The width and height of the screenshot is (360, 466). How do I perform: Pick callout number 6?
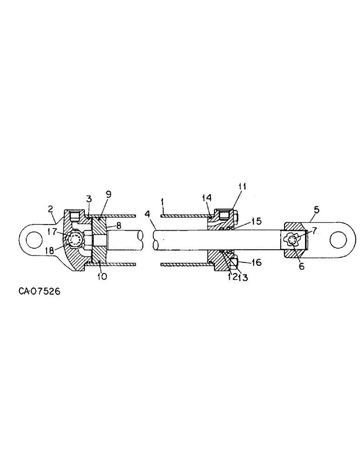click(x=301, y=267)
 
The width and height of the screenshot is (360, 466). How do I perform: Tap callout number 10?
click(x=102, y=276)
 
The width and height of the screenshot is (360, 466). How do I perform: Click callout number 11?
click(x=242, y=187)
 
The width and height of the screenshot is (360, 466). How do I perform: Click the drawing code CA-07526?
click(x=39, y=292)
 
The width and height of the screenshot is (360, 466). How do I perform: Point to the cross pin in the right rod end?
click(x=293, y=240)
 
